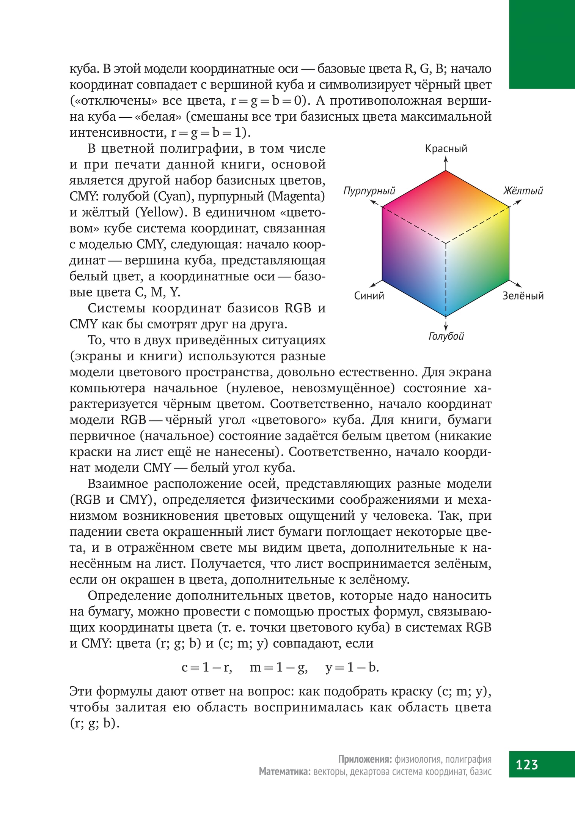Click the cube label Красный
pyautogui.click(x=446, y=149)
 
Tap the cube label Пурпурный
pyautogui.click(x=369, y=191)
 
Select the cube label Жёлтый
pyautogui.click(x=523, y=191)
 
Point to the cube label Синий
pyautogui.click(x=369, y=296)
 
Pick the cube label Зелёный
pyautogui.click(x=523, y=296)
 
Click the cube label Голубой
pyautogui.click(x=446, y=336)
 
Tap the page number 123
pyautogui.click(x=527, y=764)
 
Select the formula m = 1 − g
pyautogui.click(x=279, y=667)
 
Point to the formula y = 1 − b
pyautogui.click(x=352, y=667)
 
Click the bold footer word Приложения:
pyautogui.click(x=365, y=759)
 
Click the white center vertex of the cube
pyautogui.click(x=446, y=243)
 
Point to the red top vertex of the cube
pyautogui.click(x=446, y=172)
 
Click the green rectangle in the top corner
pyautogui.click(x=542, y=44)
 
